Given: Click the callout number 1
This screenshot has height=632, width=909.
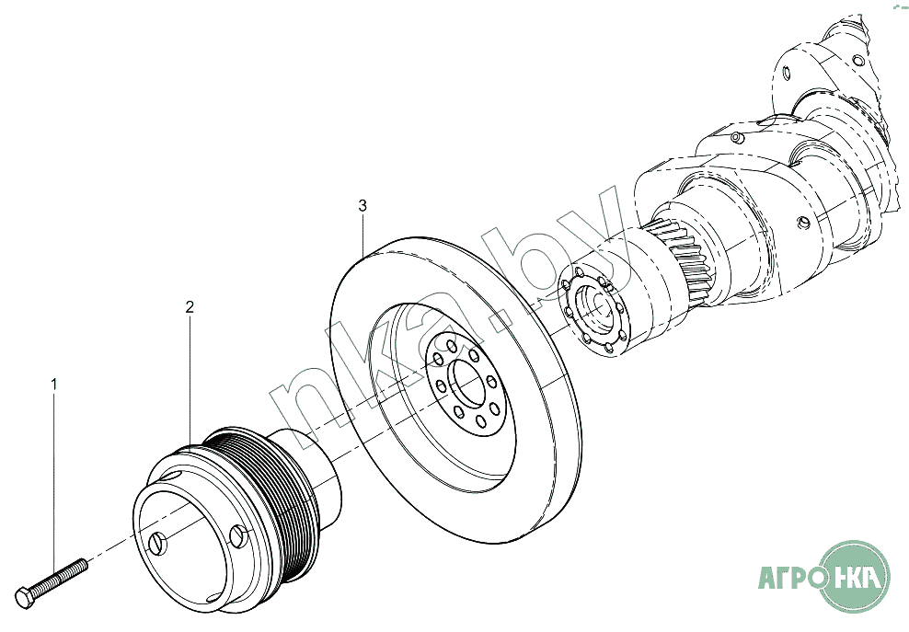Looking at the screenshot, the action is pyautogui.click(x=54, y=384).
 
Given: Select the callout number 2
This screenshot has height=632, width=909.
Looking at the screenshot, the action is pyautogui.click(x=190, y=306).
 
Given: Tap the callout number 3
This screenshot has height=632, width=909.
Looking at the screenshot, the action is pyautogui.click(x=362, y=205).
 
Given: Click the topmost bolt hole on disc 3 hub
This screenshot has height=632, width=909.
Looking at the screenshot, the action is pyautogui.click(x=452, y=347).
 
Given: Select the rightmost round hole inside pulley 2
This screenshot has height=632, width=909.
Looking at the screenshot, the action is pyautogui.click(x=239, y=535).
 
